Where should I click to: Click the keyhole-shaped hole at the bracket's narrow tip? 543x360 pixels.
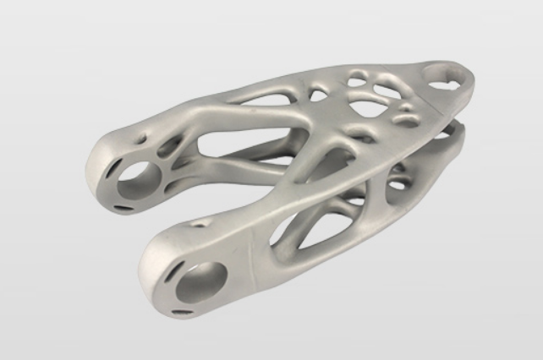442,80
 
